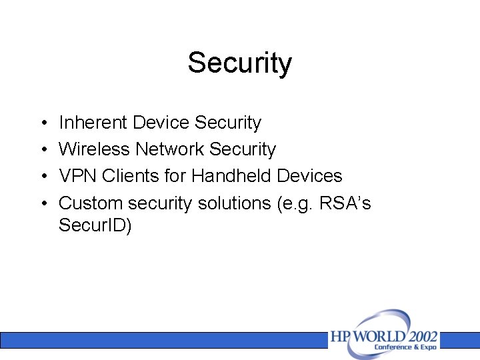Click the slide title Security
(239, 63)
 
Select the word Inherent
(93, 123)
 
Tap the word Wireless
(95, 149)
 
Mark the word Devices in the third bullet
(309, 176)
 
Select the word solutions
(234, 203)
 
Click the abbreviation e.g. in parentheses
(294, 203)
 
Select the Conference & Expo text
(405, 347)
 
